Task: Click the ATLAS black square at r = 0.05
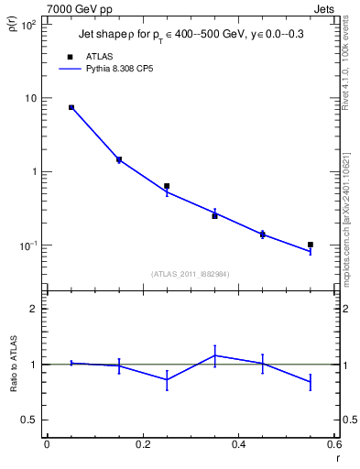[x=71, y=107]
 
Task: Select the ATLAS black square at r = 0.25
[x=167, y=186]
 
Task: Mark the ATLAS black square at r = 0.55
[x=311, y=245]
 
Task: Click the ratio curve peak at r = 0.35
[x=214, y=355]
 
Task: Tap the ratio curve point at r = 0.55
[x=311, y=382]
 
